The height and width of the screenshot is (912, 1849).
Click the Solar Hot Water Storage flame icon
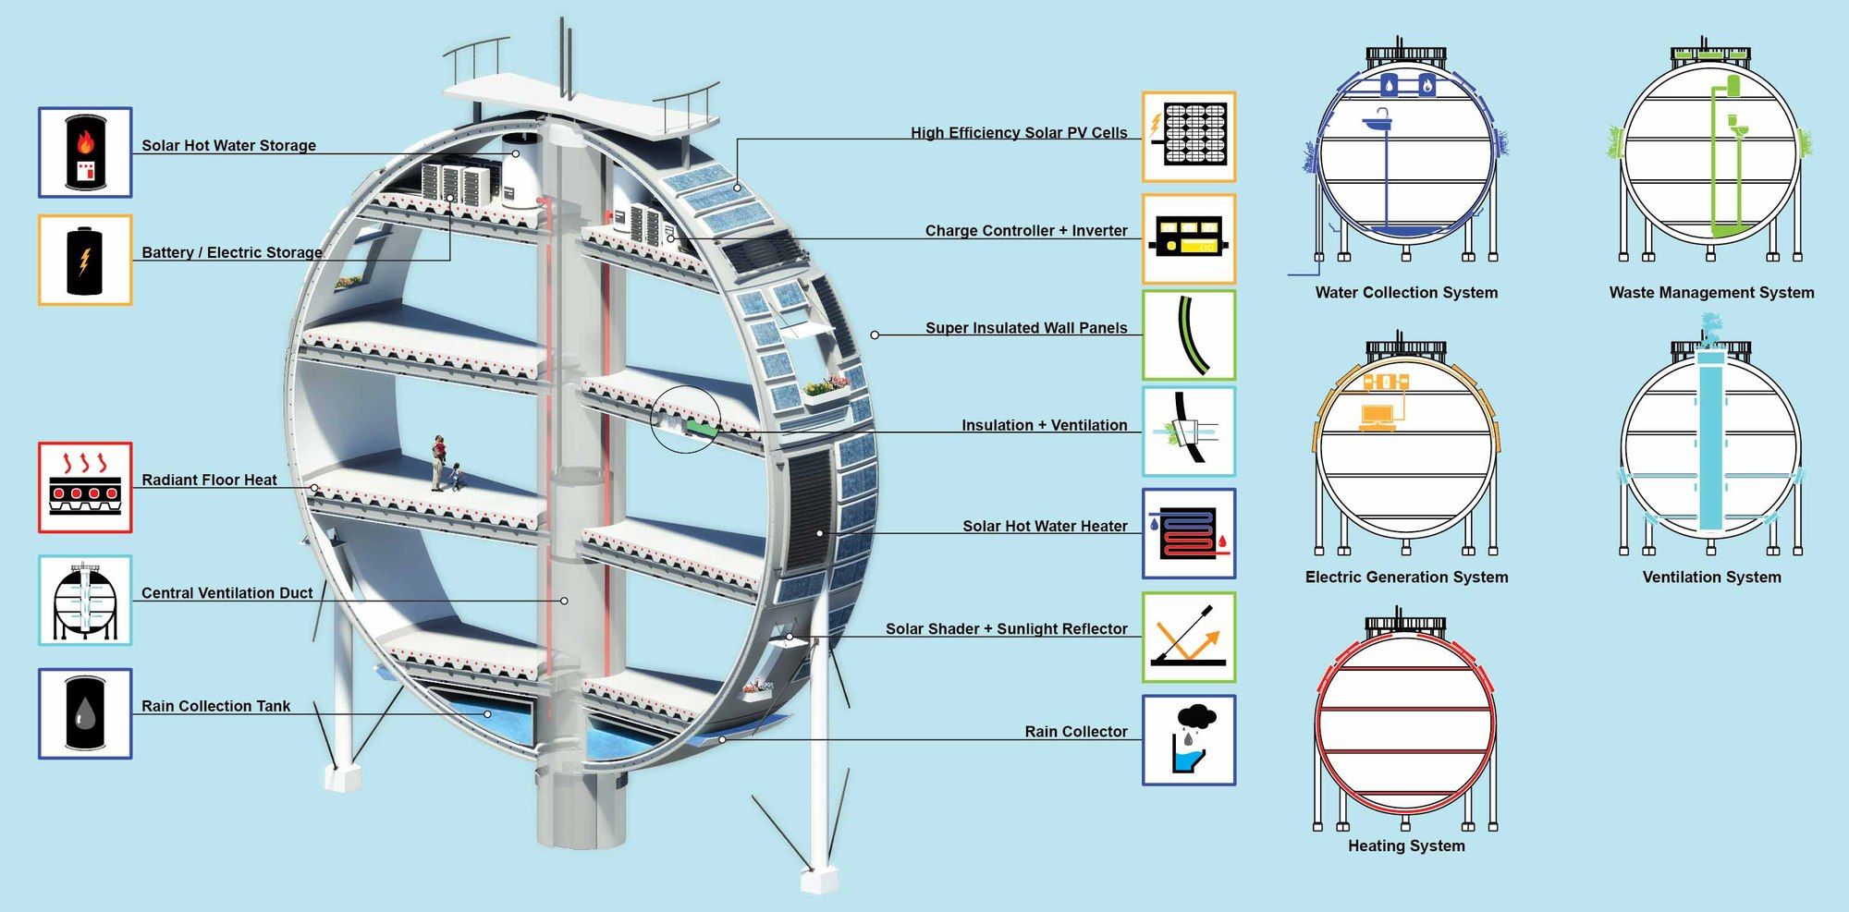tap(85, 152)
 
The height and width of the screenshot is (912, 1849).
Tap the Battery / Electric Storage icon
tap(85, 260)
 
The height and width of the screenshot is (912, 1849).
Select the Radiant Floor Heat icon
tap(85, 487)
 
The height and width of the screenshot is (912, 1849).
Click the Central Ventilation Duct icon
tap(85, 601)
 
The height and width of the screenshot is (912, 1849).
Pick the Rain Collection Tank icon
tap(85, 713)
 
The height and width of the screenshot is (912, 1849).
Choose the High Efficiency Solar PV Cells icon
tap(1189, 136)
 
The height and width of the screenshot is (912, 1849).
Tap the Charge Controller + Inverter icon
tap(1189, 238)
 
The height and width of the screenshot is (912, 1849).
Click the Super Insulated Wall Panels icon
tap(1189, 334)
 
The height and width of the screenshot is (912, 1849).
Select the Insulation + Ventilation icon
tap(1189, 432)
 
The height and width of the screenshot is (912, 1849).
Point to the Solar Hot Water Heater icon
tap(1189, 533)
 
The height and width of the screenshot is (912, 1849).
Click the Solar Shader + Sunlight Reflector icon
tap(1189, 638)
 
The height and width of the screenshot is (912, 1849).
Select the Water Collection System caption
tap(1406, 293)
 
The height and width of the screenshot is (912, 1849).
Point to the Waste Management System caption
tap(1711, 293)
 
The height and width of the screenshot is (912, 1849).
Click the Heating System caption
tap(1406, 845)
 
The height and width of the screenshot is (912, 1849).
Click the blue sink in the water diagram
tap(1378, 120)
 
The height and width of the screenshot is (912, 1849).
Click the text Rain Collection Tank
tap(215, 706)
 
